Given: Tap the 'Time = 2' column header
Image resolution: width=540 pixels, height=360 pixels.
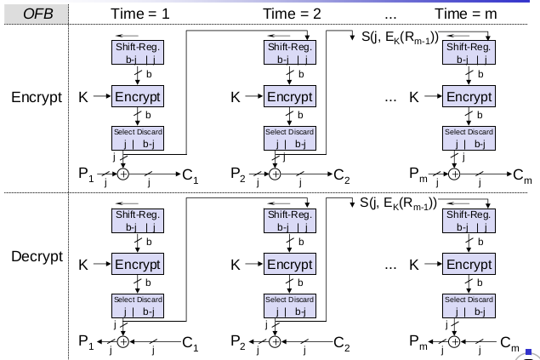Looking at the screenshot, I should [289, 14].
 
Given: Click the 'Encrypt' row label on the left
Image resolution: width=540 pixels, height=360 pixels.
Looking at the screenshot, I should [37, 97].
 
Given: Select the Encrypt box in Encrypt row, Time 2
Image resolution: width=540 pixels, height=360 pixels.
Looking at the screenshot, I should [288, 97].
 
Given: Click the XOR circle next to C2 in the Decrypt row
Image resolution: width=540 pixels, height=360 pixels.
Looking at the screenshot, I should [276, 342].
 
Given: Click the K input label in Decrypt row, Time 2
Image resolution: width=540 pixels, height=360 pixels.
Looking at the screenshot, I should [236, 265].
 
